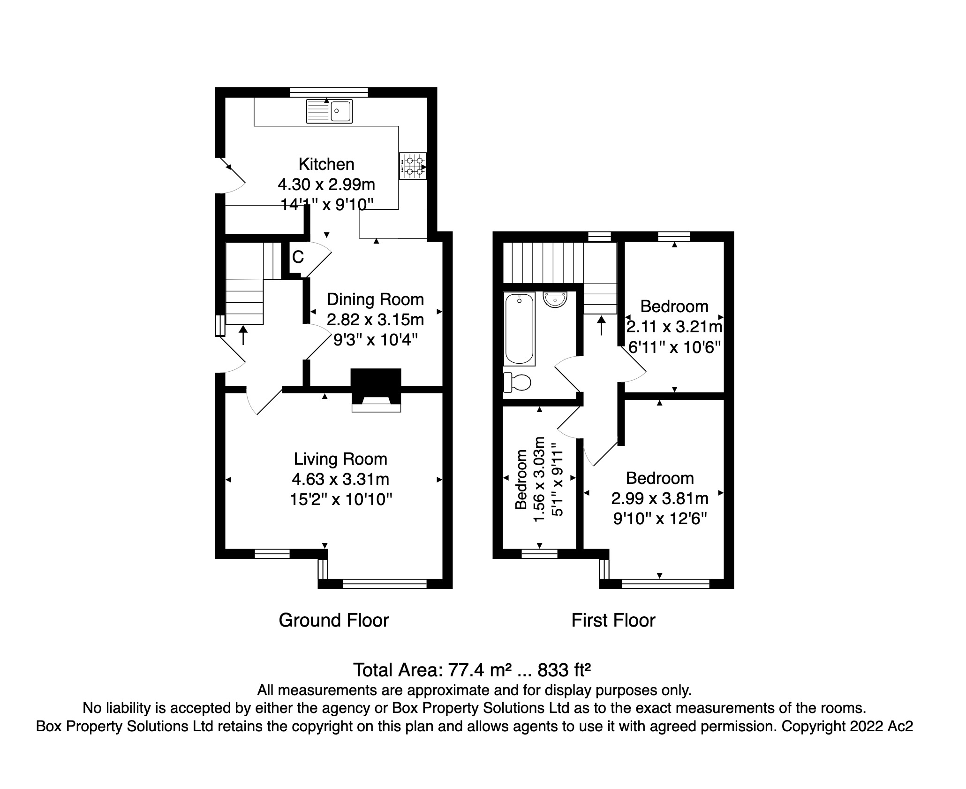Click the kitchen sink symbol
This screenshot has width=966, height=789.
coord(329,112)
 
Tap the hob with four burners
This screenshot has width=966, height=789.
coord(413,166)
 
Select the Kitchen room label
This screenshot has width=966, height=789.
coord(326,164)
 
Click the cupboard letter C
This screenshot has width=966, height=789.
coord(298,257)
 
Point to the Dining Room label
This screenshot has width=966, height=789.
coord(375,299)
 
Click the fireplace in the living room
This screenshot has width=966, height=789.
coord(376,390)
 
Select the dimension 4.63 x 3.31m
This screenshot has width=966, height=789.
coord(340,479)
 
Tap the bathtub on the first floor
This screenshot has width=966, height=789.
coord(519,329)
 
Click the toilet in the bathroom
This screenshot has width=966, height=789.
coord(517,382)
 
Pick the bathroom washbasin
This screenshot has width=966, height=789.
coord(555,299)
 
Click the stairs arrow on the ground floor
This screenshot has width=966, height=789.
coord(243,335)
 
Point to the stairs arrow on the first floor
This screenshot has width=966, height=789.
coord(601,325)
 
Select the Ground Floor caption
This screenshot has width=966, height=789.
coord(334,620)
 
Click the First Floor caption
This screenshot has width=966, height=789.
coord(613,620)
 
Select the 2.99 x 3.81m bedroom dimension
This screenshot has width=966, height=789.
coord(660,498)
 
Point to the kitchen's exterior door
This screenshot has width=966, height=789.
coord(232,176)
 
